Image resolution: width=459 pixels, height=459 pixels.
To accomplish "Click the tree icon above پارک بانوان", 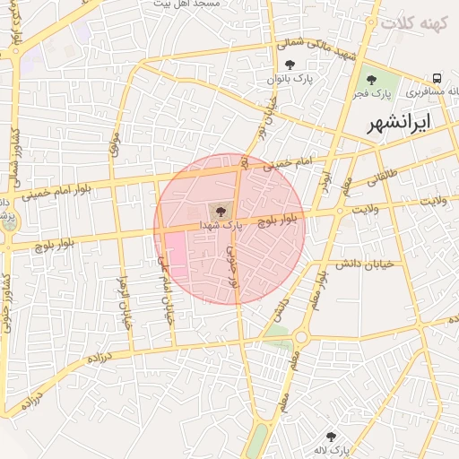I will [290, 65].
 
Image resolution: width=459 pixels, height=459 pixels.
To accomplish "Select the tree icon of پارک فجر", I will [371, 81].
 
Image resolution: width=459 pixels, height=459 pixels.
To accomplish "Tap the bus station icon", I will [436, 78].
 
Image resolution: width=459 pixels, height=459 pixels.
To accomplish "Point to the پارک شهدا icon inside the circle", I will [217, 211].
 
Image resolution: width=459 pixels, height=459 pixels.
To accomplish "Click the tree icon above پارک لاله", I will [331, 437].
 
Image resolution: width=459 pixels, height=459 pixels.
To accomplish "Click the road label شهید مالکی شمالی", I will [319, 49].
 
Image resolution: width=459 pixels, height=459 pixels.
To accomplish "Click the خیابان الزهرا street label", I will [126, 303].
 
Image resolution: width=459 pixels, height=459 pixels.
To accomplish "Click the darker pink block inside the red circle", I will [175, 255].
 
